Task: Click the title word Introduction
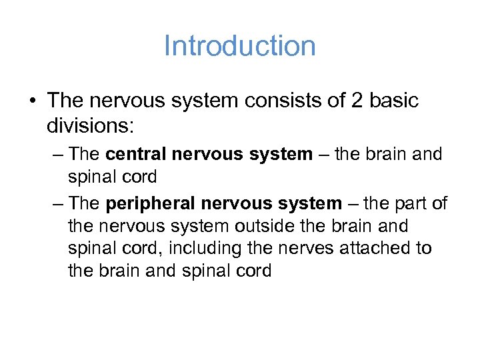[239, 46]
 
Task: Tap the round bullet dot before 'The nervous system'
[31, 101]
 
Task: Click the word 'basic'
[393, 101]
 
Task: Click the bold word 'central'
[137, 154]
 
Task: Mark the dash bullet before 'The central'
[56, 154]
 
